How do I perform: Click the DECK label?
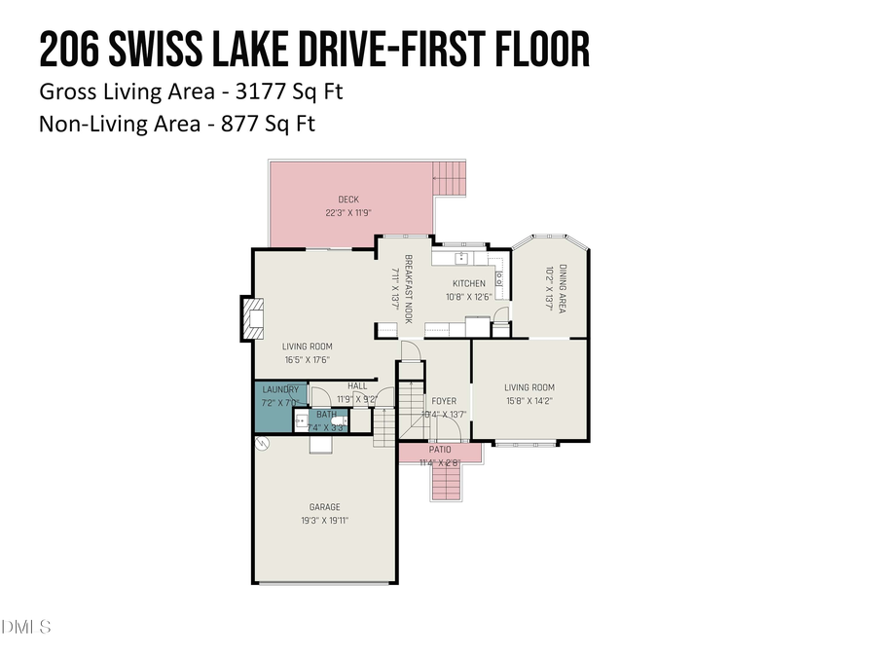coord(348,200)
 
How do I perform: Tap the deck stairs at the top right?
coord(451,178)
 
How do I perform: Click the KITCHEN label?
coord(468,284)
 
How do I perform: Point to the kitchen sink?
coord(461,258)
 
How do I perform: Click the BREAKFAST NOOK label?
coord(409,289)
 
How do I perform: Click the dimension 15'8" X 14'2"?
coord(529,400)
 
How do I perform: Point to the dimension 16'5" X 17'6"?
coord(308,359)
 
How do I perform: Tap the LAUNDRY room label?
coord(280,389)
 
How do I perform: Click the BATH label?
coord(326,415)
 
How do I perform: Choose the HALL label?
coord(357,386)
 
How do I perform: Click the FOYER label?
coord(444,401)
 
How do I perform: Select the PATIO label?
coord(440,450)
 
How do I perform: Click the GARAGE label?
coord(325,507)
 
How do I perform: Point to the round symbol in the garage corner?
coord(261,444)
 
